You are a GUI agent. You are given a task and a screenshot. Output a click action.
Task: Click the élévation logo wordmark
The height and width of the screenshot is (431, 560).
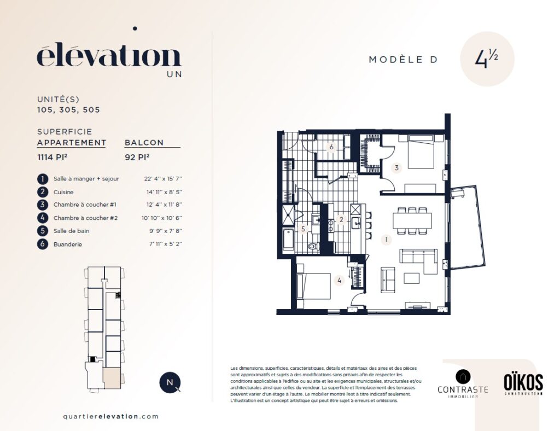coord(109,55)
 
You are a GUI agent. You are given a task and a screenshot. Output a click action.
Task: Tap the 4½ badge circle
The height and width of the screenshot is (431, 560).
coord(487,59)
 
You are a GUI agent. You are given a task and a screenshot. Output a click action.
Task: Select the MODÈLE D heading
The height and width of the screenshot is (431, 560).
coord(403,60)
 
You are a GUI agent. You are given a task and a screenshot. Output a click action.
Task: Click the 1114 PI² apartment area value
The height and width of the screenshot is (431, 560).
coord(52,157)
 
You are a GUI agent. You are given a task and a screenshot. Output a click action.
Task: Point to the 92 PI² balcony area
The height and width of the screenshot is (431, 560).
coord(137,157)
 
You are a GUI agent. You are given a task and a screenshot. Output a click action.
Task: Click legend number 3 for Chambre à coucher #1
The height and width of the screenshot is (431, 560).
coord(43,205)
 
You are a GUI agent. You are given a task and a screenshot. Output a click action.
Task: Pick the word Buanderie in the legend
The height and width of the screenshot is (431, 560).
coord(68,244)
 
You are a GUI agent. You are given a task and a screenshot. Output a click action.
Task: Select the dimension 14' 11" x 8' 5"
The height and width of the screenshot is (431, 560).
coord(164,192)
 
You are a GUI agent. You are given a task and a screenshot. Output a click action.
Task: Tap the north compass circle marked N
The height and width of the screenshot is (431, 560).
coord(170,382)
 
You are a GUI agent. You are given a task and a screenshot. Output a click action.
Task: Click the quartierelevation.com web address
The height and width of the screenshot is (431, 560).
coord(110,416)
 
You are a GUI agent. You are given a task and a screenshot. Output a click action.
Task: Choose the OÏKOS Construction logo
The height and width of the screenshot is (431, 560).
coord(523,383)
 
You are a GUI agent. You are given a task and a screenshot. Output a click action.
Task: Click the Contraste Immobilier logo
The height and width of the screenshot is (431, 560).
coord(463,384)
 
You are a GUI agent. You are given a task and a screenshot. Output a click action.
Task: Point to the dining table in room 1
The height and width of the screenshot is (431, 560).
coord(412,220)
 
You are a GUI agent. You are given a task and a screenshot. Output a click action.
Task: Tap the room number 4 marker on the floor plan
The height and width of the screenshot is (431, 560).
coord(339,281)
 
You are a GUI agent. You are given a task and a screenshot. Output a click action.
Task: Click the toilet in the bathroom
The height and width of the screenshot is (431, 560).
coord(313,246)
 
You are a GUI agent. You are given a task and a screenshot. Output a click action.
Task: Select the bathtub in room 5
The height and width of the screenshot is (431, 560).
coord(288,240)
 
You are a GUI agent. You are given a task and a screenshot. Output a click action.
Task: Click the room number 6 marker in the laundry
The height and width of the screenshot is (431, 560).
coord(331,147)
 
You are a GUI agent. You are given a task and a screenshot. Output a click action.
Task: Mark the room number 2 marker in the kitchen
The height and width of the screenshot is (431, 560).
coord(341,220)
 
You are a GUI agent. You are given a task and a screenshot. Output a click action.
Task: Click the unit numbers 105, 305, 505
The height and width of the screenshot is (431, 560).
coord(68,110)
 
